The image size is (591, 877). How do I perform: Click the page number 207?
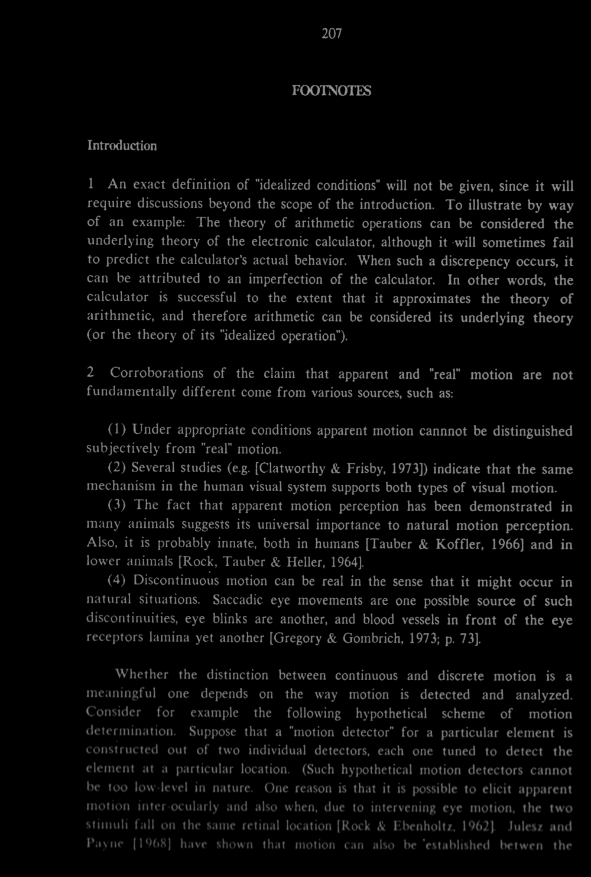tap(332, 34)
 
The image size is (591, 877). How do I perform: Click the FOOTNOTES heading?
tap(332, 91)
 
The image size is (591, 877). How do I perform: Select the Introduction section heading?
tap(122, 145)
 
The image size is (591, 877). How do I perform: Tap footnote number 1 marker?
tap(91, 185)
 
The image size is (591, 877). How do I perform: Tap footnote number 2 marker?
tap(90, 373)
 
